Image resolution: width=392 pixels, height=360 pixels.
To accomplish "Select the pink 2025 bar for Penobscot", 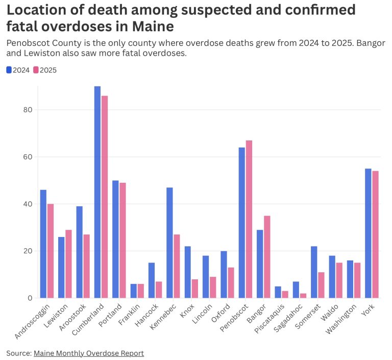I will (249, 219).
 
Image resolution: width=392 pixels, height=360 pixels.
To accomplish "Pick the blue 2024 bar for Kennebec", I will (169, 243).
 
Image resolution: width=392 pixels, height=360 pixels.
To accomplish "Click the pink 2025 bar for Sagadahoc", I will (303, 296).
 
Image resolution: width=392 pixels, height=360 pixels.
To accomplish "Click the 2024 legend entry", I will (18, 70).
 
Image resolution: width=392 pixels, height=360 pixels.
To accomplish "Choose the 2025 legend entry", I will (45, 70).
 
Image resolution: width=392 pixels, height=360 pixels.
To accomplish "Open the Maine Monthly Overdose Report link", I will (89, 353).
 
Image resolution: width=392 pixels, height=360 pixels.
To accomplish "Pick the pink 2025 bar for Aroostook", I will (87, 266).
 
